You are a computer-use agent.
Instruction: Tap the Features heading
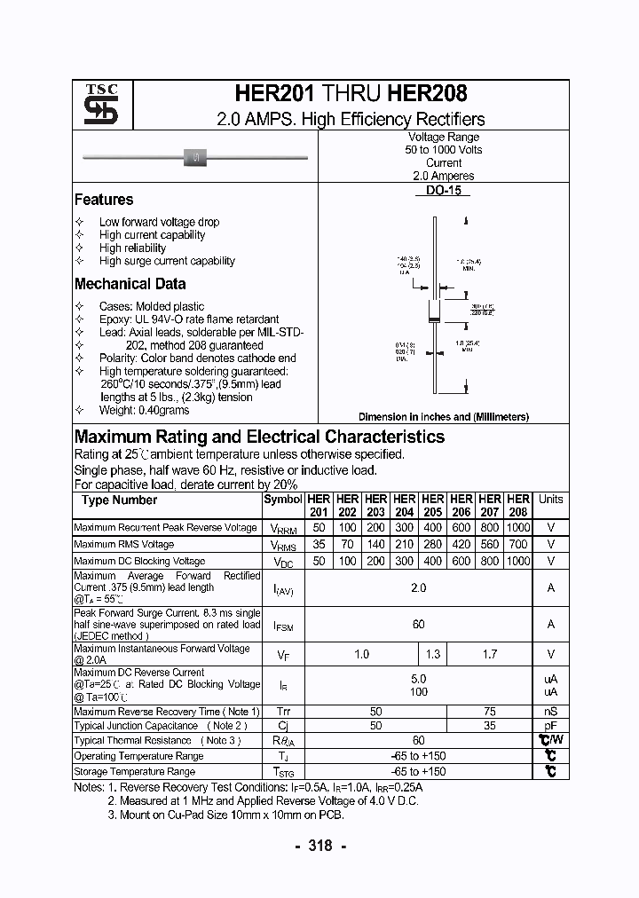pos(104,200)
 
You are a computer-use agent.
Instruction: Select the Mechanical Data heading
pos(130,284)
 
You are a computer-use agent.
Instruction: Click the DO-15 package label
pos(443,191)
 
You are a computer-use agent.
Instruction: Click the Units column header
pos(550,500)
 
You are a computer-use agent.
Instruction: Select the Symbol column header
pos(283,500)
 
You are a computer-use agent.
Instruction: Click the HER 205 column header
pos(432,506)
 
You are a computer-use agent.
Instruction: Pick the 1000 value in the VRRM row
pos(518,527)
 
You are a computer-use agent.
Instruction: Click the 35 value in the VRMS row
pos(319,544)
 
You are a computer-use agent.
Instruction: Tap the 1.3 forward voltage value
pos(432,654)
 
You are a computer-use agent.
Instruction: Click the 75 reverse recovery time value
pos(489,712)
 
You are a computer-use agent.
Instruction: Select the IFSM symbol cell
pos(283,625)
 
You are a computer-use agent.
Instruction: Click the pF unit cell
pos(550,726)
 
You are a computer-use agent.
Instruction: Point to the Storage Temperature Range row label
pos(134,772)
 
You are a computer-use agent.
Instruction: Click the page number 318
pos(319,846)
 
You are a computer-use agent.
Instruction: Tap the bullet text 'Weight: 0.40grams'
pos(144,410)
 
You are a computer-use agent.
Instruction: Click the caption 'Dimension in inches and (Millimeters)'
pos(443,416)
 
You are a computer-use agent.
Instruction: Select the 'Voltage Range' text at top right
pos(443,138)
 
